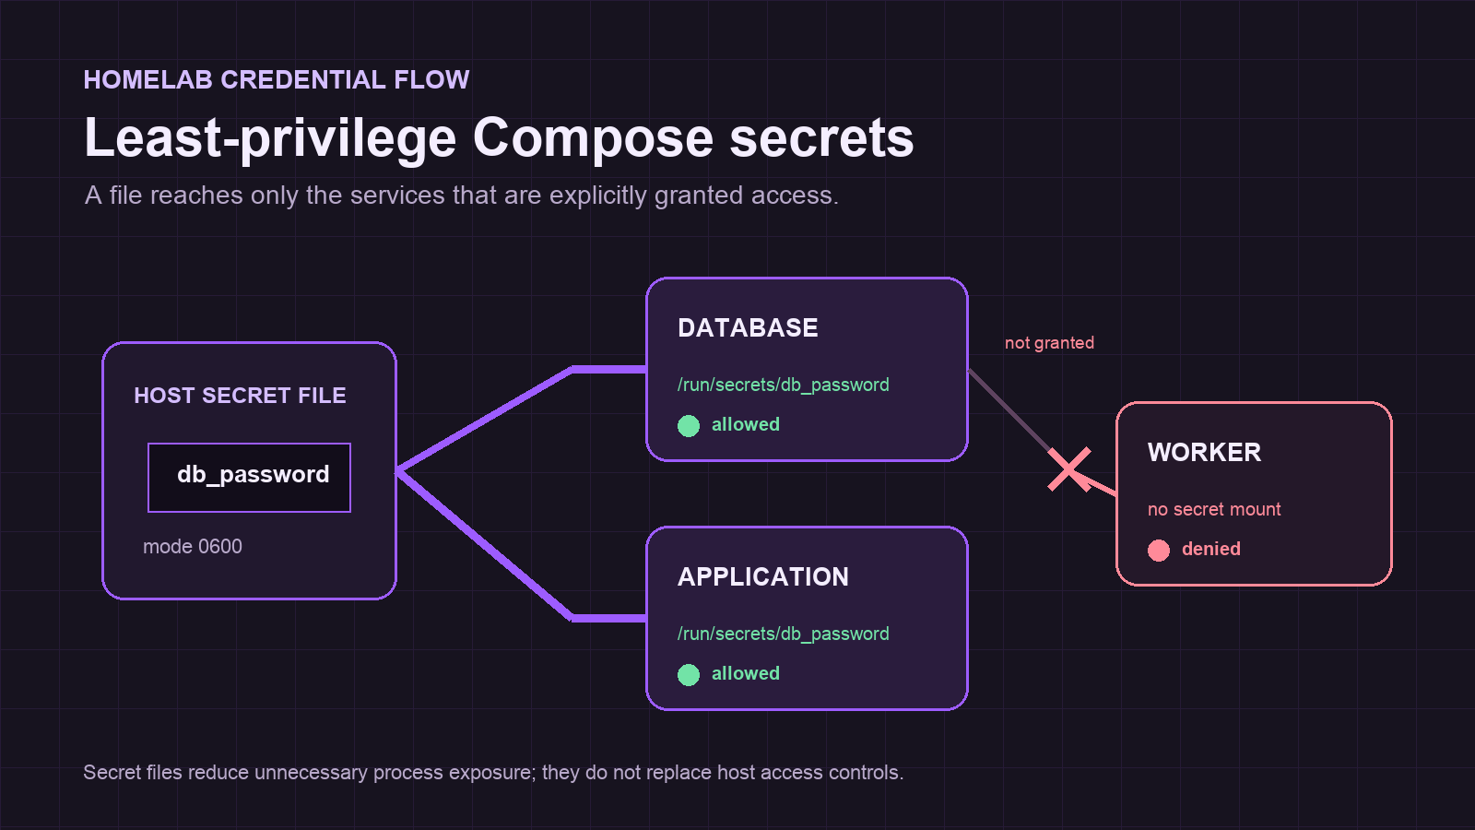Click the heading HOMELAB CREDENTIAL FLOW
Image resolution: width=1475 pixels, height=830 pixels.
pyautogui.click(x=277, y=79)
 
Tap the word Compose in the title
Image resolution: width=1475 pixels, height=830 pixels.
pyautogui.click(x=593, y=139)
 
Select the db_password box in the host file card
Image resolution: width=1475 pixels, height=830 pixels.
pyautogui.click(x=250, y=478)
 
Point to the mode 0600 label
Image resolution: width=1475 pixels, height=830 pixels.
pyautogui.click(x=193, y=547)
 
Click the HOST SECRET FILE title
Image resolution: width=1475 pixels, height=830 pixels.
pyautogui.click(x=240, y=396)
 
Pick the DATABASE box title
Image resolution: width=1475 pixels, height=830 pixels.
pyautogui.click(x=748, y=328)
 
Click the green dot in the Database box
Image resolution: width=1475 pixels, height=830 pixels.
pyautogui.click(x=689, y=426)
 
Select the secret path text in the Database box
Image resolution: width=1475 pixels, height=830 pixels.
pyautogui.click(x=783, y=385)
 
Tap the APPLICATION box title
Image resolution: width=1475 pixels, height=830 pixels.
pyautogui.click(x=763, y=577)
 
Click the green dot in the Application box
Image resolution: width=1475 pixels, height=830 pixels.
pyautogui.click(x=689, y=675)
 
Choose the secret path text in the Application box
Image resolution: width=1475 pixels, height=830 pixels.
pyautogui.click(x=783, y=634)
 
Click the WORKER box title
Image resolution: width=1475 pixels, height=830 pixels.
pyautogui.click(x=1204, y=453)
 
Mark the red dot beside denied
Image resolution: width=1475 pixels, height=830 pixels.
pyautogui.click(x=1159, y=551)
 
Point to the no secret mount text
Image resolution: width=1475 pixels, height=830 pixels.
pyautogui.click(x=1214, y=509)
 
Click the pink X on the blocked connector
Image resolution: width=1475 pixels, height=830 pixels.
pyautogui.click(x=1069, y=469)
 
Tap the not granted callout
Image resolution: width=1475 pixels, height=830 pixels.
pyautogui.click(x=1050, y=343)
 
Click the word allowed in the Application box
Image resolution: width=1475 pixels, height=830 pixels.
pyautogui.click(x=746, y=673)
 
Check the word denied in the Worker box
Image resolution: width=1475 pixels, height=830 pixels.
pyautogui.click(x=1211, y=549)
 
